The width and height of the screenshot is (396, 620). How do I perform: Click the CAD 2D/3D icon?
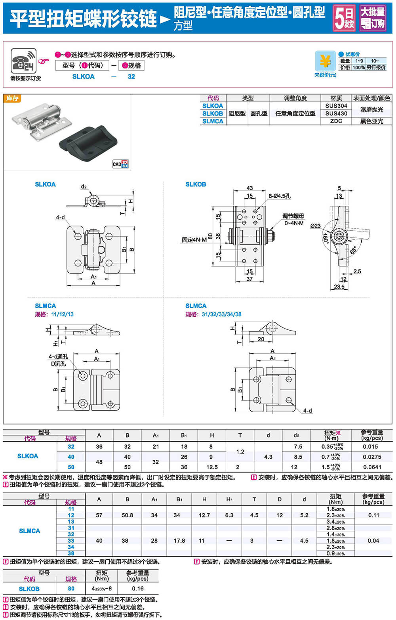[120, 164]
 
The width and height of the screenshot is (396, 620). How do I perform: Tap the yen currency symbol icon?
[325, 61]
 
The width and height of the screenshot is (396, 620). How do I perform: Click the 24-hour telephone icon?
[24, 61]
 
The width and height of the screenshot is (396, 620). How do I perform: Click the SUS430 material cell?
[336, 113]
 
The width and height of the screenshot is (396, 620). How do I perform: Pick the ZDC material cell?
[336, 121]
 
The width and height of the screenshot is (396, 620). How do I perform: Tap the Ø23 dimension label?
[315, 226]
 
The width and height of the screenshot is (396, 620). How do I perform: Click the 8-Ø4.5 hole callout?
[280, 196]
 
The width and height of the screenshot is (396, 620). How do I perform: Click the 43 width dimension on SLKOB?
[249, 188]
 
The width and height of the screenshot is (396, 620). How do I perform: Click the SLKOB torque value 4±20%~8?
[102, 589]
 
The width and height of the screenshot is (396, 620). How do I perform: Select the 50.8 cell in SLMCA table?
[127, 515]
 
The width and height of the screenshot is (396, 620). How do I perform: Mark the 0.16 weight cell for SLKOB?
[137, 589]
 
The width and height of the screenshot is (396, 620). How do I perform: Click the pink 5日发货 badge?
[344, 18]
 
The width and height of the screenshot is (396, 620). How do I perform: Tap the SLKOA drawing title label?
[45, 184]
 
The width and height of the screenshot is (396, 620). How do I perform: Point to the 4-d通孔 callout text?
[58, 357]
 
